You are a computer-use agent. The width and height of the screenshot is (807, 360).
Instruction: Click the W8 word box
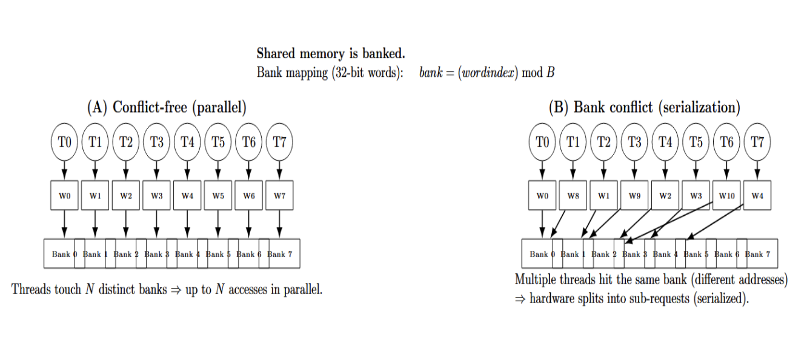[573, 195]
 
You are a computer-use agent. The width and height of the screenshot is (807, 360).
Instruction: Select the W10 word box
[726, 195]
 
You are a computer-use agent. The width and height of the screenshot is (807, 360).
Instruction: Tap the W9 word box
[634, 195]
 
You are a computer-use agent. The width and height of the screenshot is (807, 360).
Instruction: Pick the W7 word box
[279, 195]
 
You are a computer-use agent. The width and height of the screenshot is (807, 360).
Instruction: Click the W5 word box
[218, 195]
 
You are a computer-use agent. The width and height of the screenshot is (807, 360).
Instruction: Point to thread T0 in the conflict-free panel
[64, 142]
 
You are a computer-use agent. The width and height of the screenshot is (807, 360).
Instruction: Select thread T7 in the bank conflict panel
[757, 142]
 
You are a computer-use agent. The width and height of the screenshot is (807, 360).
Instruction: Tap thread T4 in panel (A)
[187, 142]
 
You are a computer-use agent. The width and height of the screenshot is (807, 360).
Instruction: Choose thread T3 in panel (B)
[634, 142]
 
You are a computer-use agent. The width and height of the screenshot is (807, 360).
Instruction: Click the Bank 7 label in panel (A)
[281, 254]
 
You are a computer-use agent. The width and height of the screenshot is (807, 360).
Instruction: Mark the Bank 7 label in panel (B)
[759, 254]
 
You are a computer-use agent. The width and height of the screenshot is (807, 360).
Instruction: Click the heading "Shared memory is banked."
[330, 54]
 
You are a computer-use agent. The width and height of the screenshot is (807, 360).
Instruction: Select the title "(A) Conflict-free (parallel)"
[167, 108]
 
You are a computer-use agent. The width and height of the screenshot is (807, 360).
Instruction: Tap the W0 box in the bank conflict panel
[542, 195]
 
